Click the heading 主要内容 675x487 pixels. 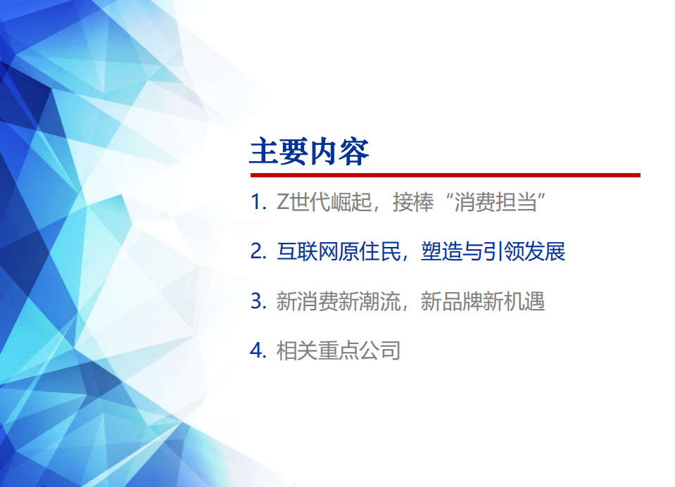pyautogui.click(x=309, y=152)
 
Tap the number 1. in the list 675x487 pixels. pyautogui.click(x=258, y=203)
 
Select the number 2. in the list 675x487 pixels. pyautogui.click(x=258, y=252)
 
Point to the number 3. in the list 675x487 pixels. pyautogui.click(x=258, y=302)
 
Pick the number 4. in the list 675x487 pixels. pyautogui.click(x=258, y=350)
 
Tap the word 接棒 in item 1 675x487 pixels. pyautogui.click(x=410, y=203)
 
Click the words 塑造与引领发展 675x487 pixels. pyautogui.click(x=493, y=252)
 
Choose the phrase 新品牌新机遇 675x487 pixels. pyautogui.click(x=483, y=302)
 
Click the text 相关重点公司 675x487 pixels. pyautogui.click(x=338, y=350)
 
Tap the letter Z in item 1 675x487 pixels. pyautogui.click(x=282, y=203)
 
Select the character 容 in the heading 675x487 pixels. pyautogui.click(x=355, y=152)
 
